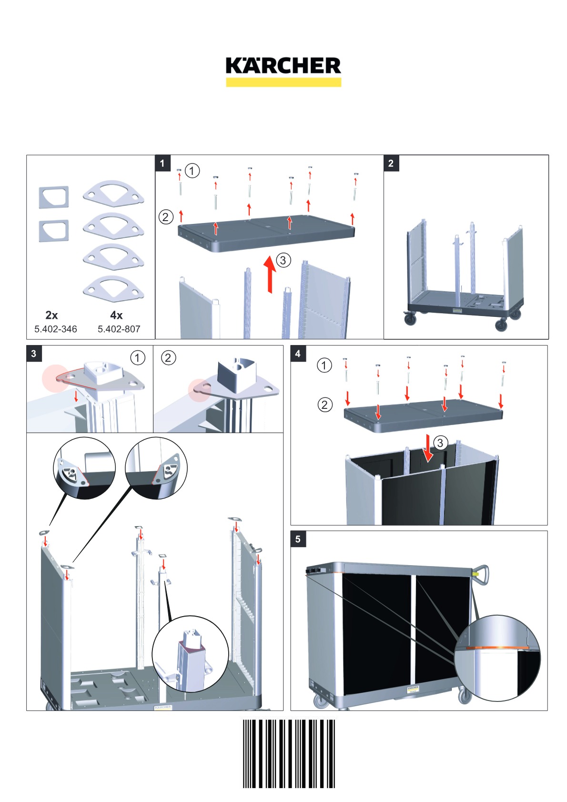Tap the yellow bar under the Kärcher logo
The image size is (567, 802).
click(x=283, y=82)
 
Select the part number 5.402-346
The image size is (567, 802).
click(x=55, y=329)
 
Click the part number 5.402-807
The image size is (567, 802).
click(x=119, y=329)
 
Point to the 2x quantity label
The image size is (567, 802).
click(x=51, y=315)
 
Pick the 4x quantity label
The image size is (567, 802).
click(x=116, y=315)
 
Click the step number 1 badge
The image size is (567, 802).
click(x=162, y=163)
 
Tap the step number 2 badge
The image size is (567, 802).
click(x=391, y=163)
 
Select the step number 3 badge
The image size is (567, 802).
click(x=34, y=354)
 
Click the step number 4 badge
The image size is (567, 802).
click(x=298, y=354)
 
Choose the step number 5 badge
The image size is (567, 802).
click(x=298, y=539)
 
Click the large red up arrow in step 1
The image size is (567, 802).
click(x=270, y=274)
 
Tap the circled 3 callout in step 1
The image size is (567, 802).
click(x=283, y=260)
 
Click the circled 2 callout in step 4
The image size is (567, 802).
click(x=325, y=405)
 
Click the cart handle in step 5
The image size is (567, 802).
click(x=482, y=575)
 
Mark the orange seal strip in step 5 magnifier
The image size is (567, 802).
click(x=497, y=647)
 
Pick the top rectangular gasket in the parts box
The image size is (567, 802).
click(x=54, y=197)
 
